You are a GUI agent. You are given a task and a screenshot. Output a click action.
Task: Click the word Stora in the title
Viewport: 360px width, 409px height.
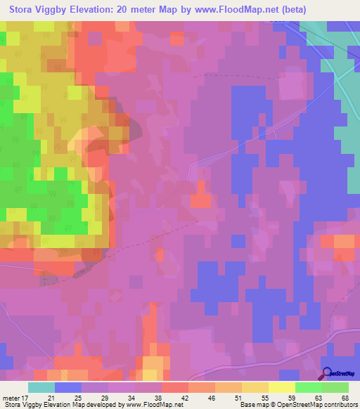coord(23,10)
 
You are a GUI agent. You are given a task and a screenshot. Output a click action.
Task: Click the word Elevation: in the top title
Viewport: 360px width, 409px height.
coord(108,10)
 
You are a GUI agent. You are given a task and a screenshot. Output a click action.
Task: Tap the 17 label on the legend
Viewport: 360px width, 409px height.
coord(25,398)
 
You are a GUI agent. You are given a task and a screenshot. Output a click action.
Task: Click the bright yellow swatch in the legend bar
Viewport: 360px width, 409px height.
coord(281,387)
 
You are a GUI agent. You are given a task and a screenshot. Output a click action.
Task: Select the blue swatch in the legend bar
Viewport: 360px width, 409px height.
coord(67,387)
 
